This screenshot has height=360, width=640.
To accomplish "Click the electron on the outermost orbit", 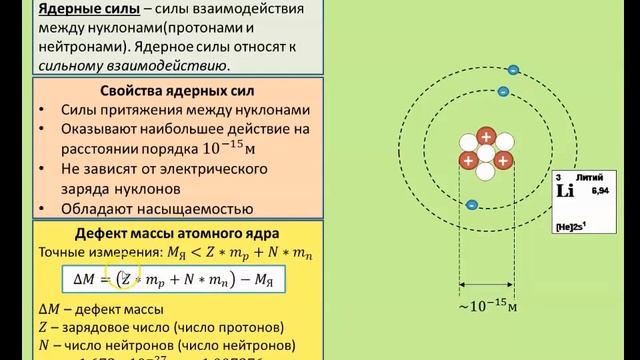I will point(513,70).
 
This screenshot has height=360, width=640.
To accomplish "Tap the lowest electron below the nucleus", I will point(471,205).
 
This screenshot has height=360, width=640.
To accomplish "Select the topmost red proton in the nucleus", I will point(486,136).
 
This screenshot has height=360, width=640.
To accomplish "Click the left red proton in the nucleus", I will point(468,160).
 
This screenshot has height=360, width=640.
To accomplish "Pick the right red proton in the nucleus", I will point(503,160).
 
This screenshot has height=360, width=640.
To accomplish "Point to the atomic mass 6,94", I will point(600,189).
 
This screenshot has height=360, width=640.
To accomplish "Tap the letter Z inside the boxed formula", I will point(128,279).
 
